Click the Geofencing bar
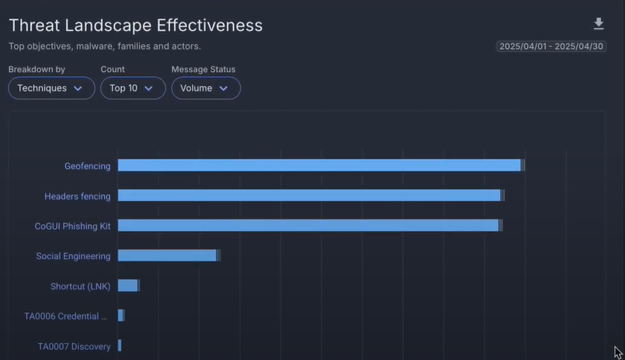click(x=319, y=165)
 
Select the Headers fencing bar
click(x=309, y=196)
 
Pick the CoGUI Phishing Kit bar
click(x=308, y=226)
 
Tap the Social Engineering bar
click(x=167, y=255)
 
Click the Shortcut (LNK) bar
click(x=127, y=286)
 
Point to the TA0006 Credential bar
click(x=120, y=316)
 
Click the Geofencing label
click(x=87, y=166)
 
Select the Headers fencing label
click(x=77, y=196)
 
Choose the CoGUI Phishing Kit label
click(x=73, y=227)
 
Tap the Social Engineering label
click(x=73, y=256)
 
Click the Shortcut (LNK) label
click(x=81, y=286)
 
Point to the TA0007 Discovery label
click(x=75, y=347)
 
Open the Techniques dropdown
click(x=51, y=88)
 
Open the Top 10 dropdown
click(x=132, y=88)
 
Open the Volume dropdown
click(x=205, y=88)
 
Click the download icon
click(x=598, y=24)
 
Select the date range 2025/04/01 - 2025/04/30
click(x=551, y=47)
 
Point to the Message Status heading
click(x=203, y=70)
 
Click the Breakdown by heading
click(x=36, y=70)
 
